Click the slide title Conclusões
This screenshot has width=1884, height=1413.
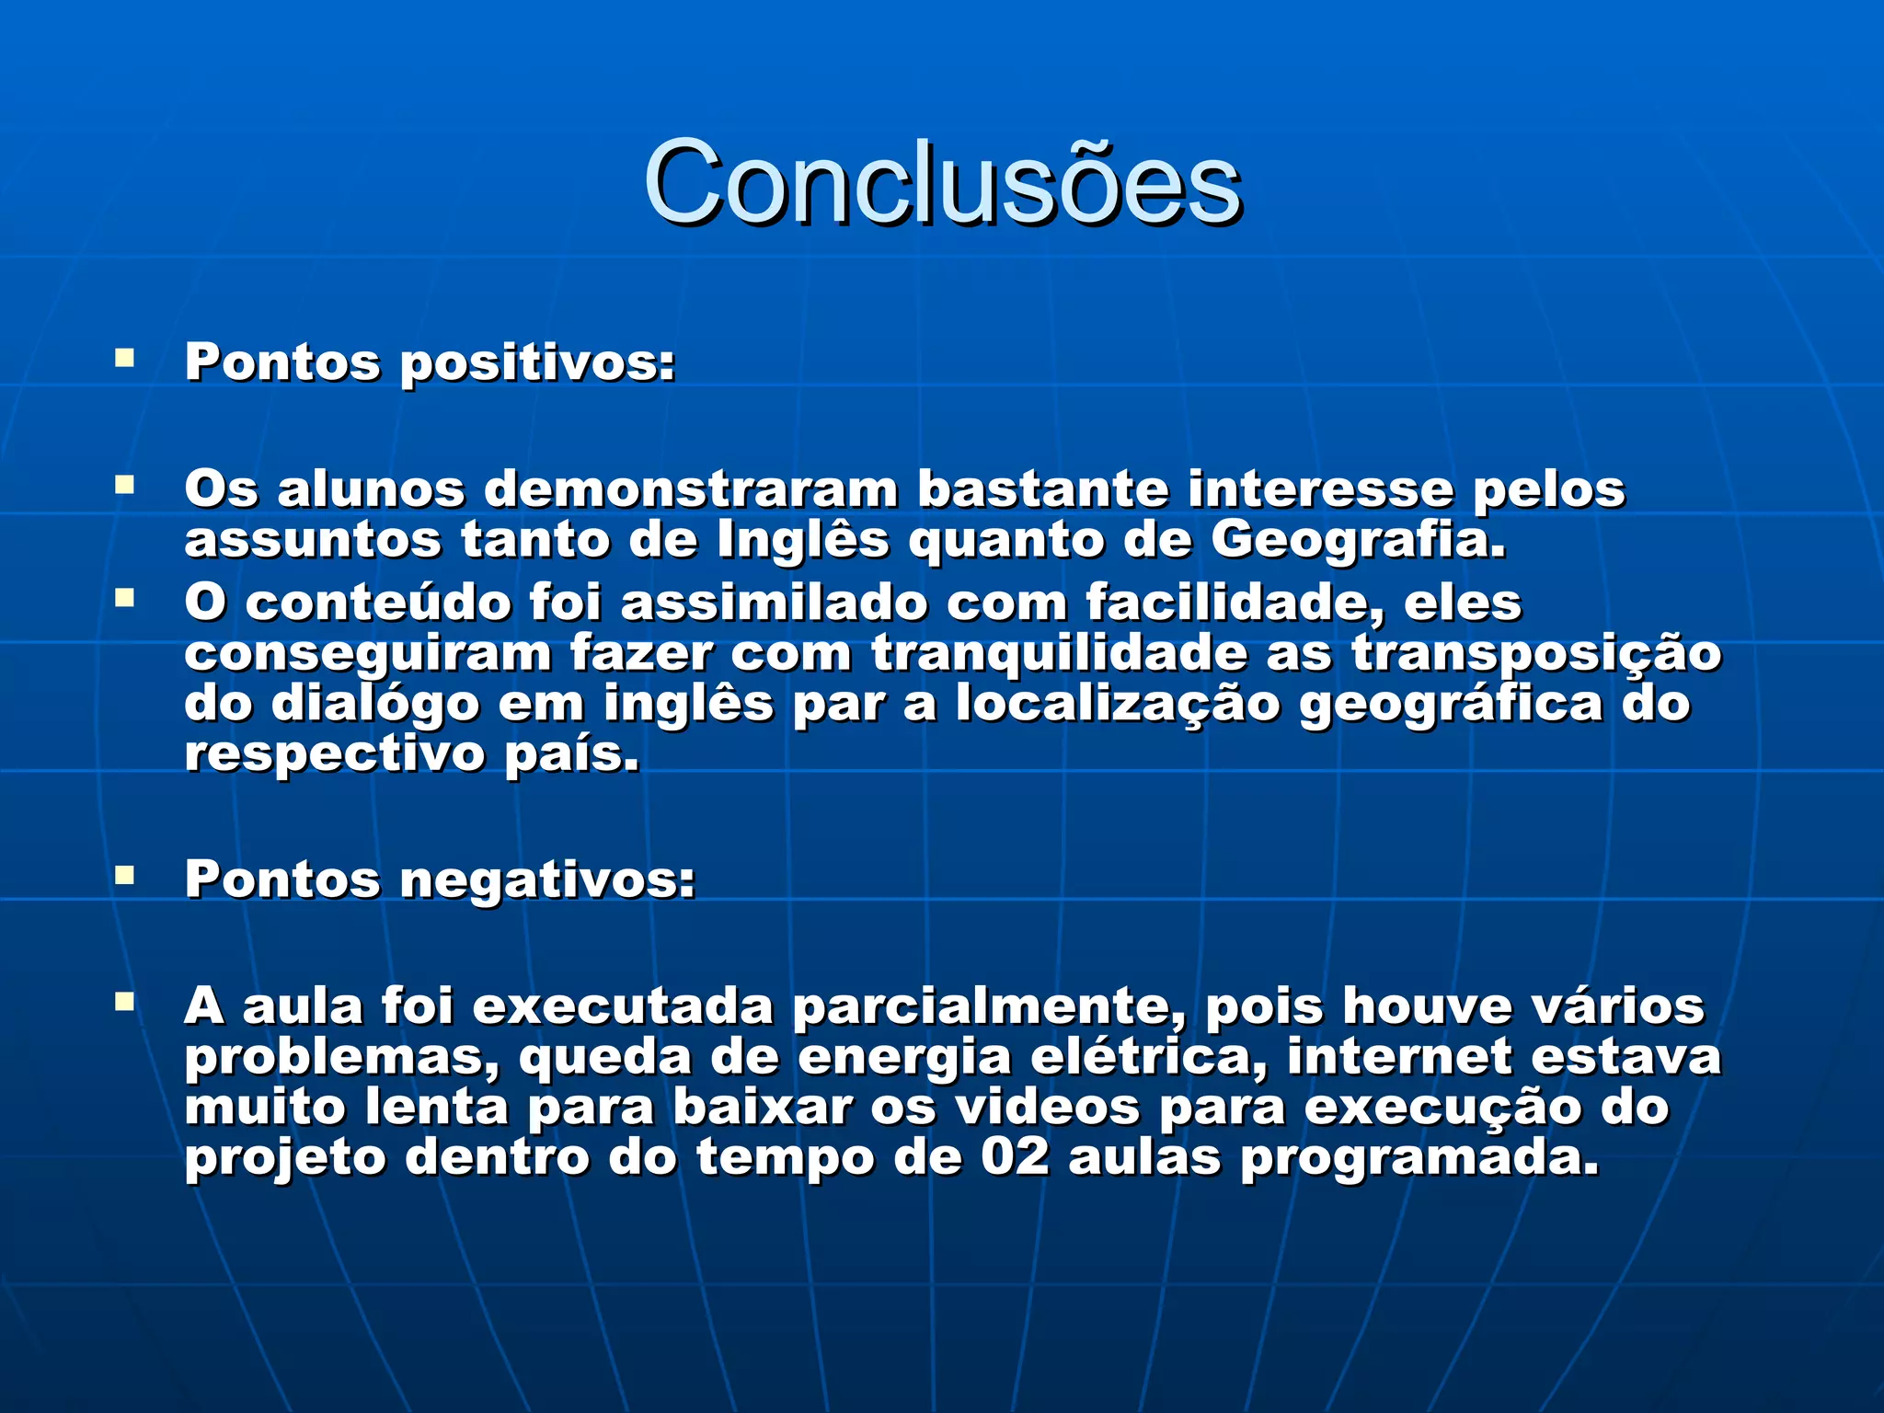tap(942, 182)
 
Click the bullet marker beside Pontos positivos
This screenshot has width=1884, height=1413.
tap(124, 357)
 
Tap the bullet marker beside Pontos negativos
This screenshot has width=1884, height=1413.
tap(124, 874)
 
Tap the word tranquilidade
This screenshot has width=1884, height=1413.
tap(1059, 654)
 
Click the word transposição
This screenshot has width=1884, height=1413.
tap(1535, 654)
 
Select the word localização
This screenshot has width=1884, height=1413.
tap(1118, 705)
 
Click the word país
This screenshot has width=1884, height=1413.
tap(571, 755)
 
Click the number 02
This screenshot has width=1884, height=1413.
tap(1015, 1157)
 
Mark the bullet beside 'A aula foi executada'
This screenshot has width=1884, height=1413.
tap(124, 1001)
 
